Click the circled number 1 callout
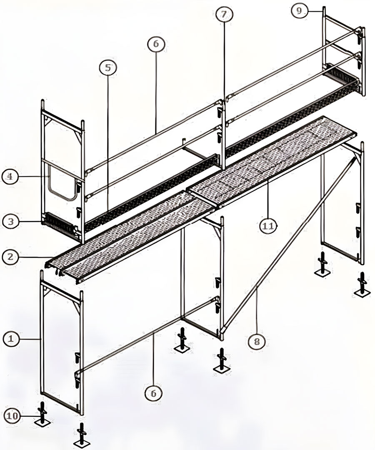coord(11,339)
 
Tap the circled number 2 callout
coord(10,256)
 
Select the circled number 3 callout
coord(10,222)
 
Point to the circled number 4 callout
coord(10,176)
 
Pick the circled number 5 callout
coord(108,68)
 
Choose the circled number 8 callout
coord(257,341)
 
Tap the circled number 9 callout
coord(299,11)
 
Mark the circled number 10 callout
coord(12,416)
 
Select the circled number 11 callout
coord(268,226)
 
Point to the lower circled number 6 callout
coord(154,393)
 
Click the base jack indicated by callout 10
coord(43,415)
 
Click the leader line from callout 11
coord(268,199)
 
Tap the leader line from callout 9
coord(315,11)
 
